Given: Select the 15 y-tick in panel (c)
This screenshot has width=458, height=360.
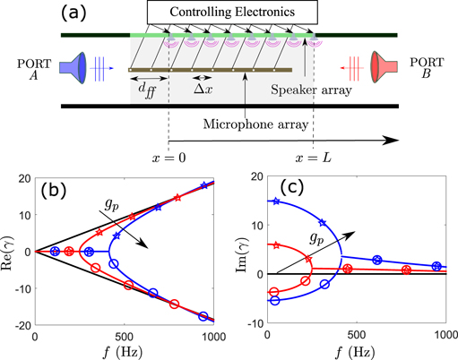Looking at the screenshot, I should click(255, 200).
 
